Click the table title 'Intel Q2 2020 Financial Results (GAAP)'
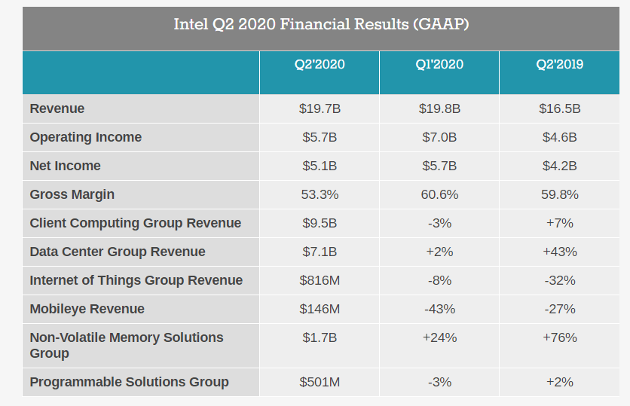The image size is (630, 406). (x=321, y=25)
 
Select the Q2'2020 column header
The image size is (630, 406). (x=320, y=65)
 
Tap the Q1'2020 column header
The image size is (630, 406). (x=439, y=65)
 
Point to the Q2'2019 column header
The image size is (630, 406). (x=559, y=65)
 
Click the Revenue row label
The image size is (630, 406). (x=57, y=108)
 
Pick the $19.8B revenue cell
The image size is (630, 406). (x=439, y=108)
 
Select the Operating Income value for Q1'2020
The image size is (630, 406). (x=439, y=137)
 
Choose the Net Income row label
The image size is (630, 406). (x=65, y=166)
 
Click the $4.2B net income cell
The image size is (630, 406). (x=559, y=166)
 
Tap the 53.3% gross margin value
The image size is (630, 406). (x=320, y=194)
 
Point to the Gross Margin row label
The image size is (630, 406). (x=72, y=194)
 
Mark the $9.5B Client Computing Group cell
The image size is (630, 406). (x=320, y=223)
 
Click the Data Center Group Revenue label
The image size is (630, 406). (x=118, y=252)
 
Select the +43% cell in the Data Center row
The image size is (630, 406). (x=559, y=252)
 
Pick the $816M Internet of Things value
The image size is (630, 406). (x=320, y=280)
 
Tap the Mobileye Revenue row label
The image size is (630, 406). (x=87, y=309)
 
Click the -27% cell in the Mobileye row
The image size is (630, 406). (x=559, y=309)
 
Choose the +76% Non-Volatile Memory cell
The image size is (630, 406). (x=559, y=337)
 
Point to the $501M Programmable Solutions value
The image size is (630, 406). (x=320, y=382)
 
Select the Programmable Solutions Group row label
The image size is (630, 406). (x=129, y=382)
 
